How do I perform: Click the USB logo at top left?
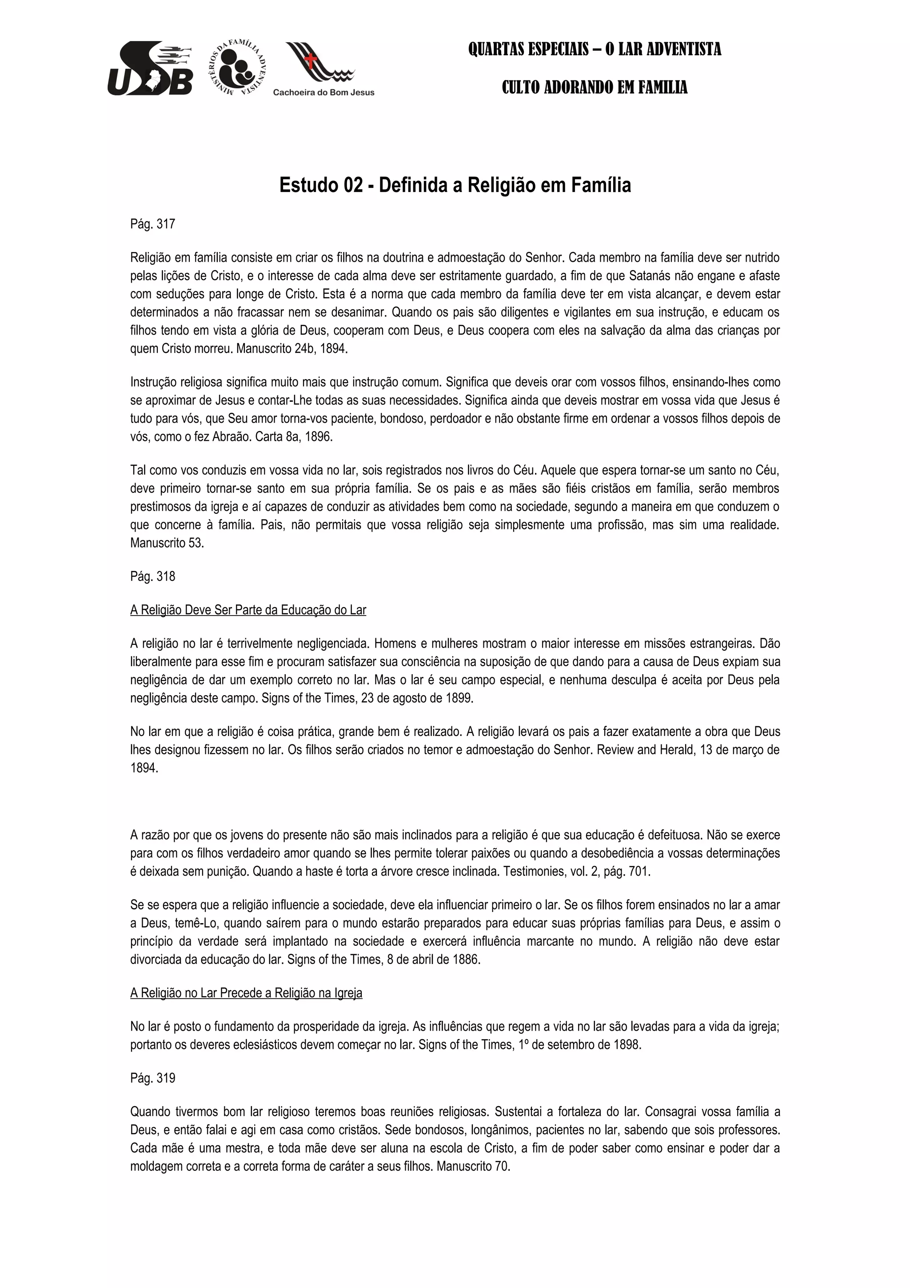click(x=150, y=68)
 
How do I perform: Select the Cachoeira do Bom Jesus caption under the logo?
click(x=323, y=92)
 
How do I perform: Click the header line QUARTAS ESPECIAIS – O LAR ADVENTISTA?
click(x=595, y=49)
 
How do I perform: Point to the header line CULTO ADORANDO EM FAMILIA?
click(x=595, y=88)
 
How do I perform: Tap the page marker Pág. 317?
click(x=152, y=224)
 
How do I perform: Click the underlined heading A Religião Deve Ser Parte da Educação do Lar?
click(x=248, y=610)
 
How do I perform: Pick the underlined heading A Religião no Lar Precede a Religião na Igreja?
click(x=246, y=993)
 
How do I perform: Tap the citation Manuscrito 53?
click(x=167, y=543)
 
